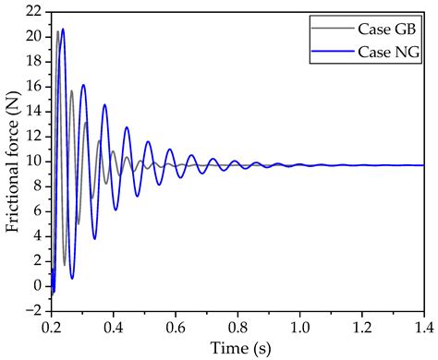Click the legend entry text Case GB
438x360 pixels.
(x=387, y=30)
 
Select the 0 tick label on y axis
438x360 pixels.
(x=35, y=286)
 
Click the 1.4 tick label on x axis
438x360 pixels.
(x=422, y=327)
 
